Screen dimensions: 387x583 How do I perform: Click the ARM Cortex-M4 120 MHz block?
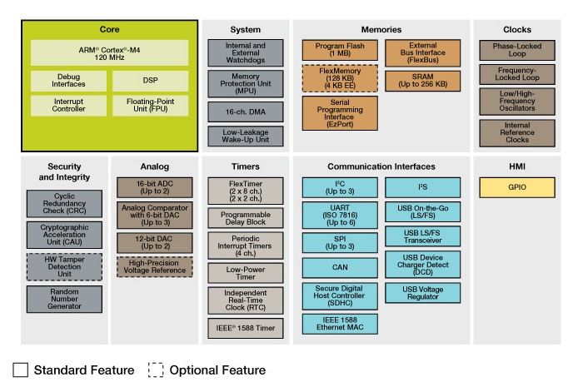(x=110, y=52)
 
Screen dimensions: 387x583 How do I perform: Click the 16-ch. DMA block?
(x=246, y=112)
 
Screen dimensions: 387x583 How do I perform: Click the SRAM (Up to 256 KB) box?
(x=422, y=81)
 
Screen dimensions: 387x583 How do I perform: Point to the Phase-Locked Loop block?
(x=516, y=51)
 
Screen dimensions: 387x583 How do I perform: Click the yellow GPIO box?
(x=516, y=187)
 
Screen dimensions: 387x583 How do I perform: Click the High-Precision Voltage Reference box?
(x=154, y=266)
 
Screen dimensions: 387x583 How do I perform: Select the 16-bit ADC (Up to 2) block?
(x=154, y=187)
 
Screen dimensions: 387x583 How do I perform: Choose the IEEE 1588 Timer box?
(x=246, y=328)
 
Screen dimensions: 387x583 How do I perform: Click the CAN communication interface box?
(x=339, y=268)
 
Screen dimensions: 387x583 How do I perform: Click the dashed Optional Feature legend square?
(x=156, y=370)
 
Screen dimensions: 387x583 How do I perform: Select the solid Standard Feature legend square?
(x=20, y=370)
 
